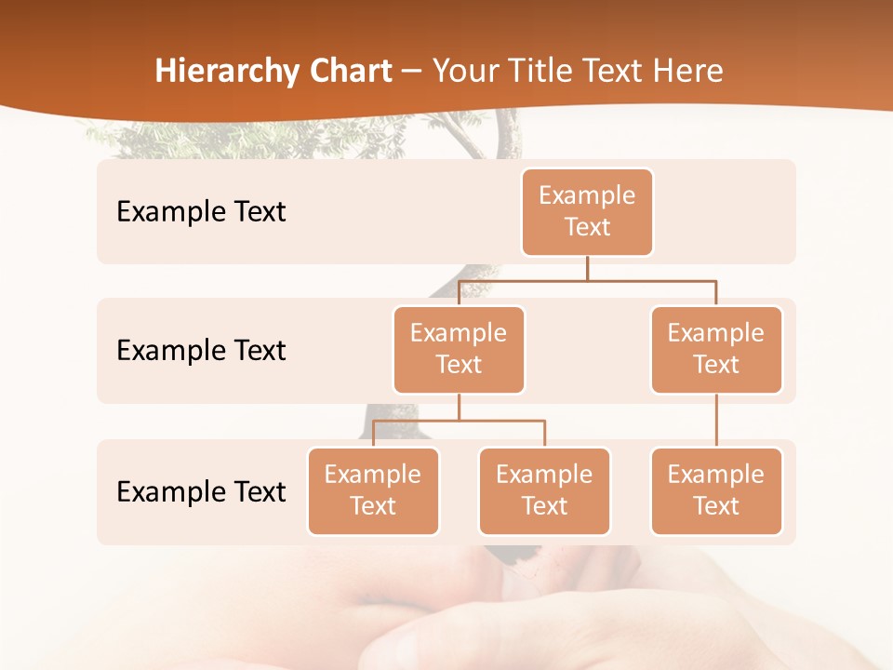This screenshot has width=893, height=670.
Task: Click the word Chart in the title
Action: pos(351,72)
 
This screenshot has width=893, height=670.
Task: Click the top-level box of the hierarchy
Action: pos(587,212)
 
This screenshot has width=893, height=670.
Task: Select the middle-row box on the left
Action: pos(459,349)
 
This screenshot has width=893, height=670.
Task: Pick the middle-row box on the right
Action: pos(716,349)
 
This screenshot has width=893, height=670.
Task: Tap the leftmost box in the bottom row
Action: pos(373,490)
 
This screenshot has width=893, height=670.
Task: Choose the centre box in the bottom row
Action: pos(544,490)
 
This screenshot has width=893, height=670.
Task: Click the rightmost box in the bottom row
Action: pos(716,490)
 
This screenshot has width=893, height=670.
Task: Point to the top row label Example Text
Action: pos(201,212)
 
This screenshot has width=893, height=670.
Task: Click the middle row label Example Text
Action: pos(201,351)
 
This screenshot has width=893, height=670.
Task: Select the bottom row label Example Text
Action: pos(201,491)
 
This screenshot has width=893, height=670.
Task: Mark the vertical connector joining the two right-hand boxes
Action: pos(716,421)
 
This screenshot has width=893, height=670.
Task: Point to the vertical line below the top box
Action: pos(587,268)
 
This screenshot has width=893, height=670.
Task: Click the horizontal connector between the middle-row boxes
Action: pos(587,280)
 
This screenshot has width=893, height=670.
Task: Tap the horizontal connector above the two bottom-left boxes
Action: pos(459,421)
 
